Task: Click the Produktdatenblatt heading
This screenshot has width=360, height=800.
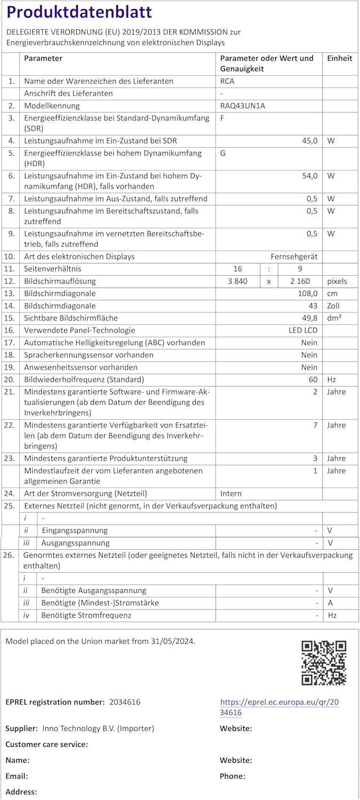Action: coord(79,12)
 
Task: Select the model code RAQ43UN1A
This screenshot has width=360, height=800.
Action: coord(243,106)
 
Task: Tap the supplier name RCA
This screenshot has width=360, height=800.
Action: coord(227,81)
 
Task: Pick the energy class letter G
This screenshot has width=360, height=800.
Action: coord(223,153)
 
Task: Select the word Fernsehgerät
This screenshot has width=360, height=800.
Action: coord(294,257)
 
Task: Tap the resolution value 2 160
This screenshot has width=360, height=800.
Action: coord(299,281)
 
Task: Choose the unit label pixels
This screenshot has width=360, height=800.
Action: coord(337,281)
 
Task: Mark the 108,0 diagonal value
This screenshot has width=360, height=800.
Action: coord(308,293)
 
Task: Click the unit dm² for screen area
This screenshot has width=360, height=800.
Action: coord(334,318)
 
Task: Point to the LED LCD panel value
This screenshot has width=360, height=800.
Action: coord(303,330)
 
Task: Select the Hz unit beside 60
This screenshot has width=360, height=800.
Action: coord(331,379)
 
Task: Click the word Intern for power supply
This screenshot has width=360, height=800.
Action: coord(231,493)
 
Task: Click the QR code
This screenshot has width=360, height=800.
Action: coord(324,663)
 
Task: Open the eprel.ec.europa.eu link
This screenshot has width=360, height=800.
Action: coord(279,707)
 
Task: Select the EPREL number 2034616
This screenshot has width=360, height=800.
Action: coord(124,702)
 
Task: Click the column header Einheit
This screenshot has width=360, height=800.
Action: coord(340,58)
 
